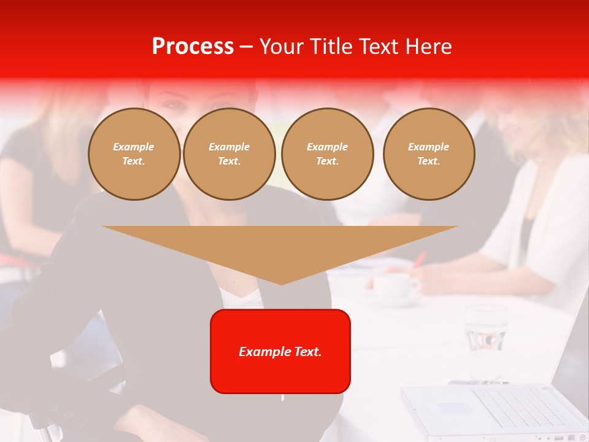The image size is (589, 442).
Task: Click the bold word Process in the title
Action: tap(193, 46)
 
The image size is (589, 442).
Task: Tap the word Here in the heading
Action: tap(429, 46)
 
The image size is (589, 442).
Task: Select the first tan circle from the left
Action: tap(134, 154)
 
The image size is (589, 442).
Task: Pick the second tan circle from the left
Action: tap(229, 154)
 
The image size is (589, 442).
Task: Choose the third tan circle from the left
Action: tap(327, 154)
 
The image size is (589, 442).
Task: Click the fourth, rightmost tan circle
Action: tap(428, 154)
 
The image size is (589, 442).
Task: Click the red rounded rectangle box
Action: tap(280, 368)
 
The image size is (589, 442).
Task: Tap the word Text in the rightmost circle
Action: tap(428, 161)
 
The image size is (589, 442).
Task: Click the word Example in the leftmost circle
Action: tap(134, 147)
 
